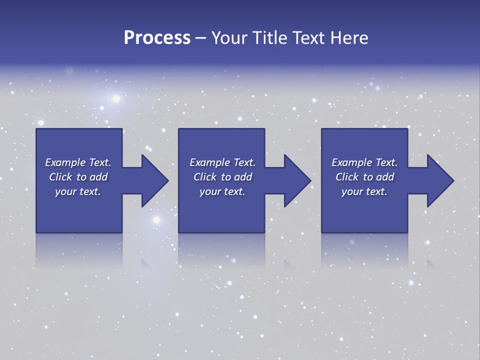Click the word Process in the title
click(x=157, y=38)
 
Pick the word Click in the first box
click(x=61, y=177)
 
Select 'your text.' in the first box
click(x=78, y=191)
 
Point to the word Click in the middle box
click(x=205, y=177)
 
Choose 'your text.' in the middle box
click(x=222, y=191)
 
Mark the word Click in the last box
click(x=347, y=177)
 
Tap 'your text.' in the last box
click(x=364, y=191)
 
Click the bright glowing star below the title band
click(x=116, y=98)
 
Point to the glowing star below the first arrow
click(x=156, y=219)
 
